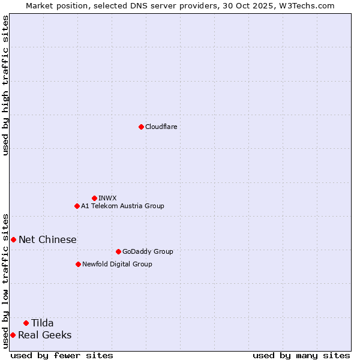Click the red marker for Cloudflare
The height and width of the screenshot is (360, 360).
[x=141, y=127]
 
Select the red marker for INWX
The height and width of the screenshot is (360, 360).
[x=94, y=198]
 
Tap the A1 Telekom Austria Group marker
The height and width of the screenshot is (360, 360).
[x=77, y=206]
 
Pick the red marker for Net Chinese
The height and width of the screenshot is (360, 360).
[x=13, y=239]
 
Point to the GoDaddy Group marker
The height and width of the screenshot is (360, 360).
[x=118, y=251]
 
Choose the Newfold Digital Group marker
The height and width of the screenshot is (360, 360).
[x=78, y=264]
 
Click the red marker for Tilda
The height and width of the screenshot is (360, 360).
[x=26, y=323]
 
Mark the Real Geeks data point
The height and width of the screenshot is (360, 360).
[x=13, y=335]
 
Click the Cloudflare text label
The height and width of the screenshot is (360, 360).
[x=161, y=127]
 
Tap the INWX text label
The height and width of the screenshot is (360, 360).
[x=107, y=198]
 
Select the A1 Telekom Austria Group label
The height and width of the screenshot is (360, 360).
[x=122, y=206]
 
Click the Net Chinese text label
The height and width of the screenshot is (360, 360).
[x=47, y=239]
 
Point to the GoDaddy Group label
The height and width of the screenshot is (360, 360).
[x=148, y=251]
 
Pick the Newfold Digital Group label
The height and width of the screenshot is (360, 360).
[x=117, y=264]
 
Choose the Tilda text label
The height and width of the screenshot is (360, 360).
[x=43, y=323]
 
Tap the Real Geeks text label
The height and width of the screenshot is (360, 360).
[x=45, y=335]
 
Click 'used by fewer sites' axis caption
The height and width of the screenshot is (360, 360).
[x=62, y=355]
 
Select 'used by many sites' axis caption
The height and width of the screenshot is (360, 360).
[x=301, y=355]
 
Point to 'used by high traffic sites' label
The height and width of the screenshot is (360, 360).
[x=5, y=85]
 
